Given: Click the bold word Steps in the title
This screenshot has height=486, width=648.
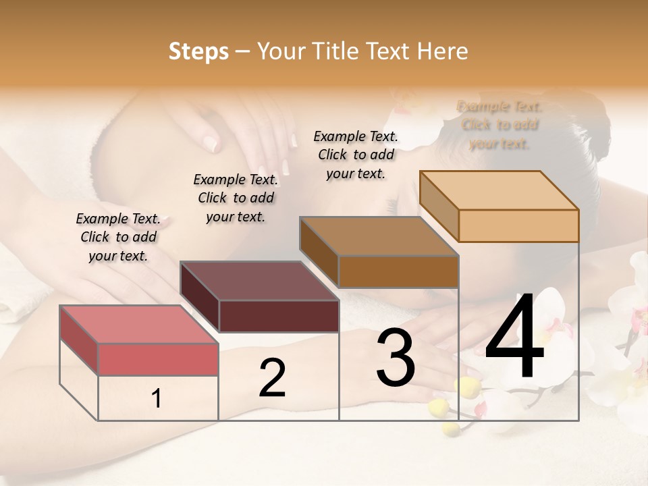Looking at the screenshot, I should click(198, 51).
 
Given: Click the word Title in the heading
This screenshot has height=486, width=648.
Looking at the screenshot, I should click(336, 51).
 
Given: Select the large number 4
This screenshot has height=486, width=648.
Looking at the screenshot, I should click(514, 337).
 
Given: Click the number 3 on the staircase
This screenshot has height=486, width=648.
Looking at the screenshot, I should click(395, 358).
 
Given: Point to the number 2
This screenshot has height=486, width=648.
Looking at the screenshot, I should click(272, 378).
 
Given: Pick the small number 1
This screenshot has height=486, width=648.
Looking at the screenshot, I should click(157, 399).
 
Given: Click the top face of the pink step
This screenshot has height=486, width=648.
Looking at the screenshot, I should click(138, 325).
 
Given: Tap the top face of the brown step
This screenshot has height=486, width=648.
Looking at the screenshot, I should click(379, 236).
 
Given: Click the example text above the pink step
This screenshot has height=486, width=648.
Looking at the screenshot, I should click(118, 237).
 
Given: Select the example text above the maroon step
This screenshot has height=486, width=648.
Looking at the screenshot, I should click(236, 198).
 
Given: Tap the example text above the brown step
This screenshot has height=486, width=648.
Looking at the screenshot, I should click(356, 155).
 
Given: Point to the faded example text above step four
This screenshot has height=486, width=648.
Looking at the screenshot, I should click(500, 125).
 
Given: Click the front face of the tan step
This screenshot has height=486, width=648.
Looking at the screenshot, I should click(518, 225).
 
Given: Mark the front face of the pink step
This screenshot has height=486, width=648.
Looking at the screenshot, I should click(158, 359).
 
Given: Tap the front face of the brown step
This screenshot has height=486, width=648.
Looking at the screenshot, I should click(398, 271).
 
